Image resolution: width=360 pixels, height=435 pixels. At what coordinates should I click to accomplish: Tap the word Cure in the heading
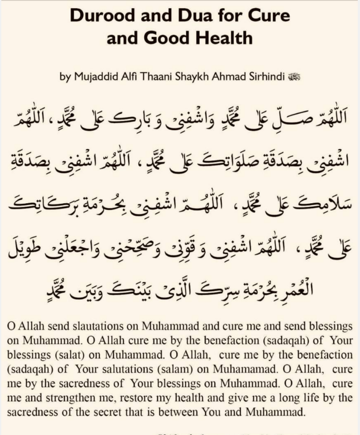pos(267,16)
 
